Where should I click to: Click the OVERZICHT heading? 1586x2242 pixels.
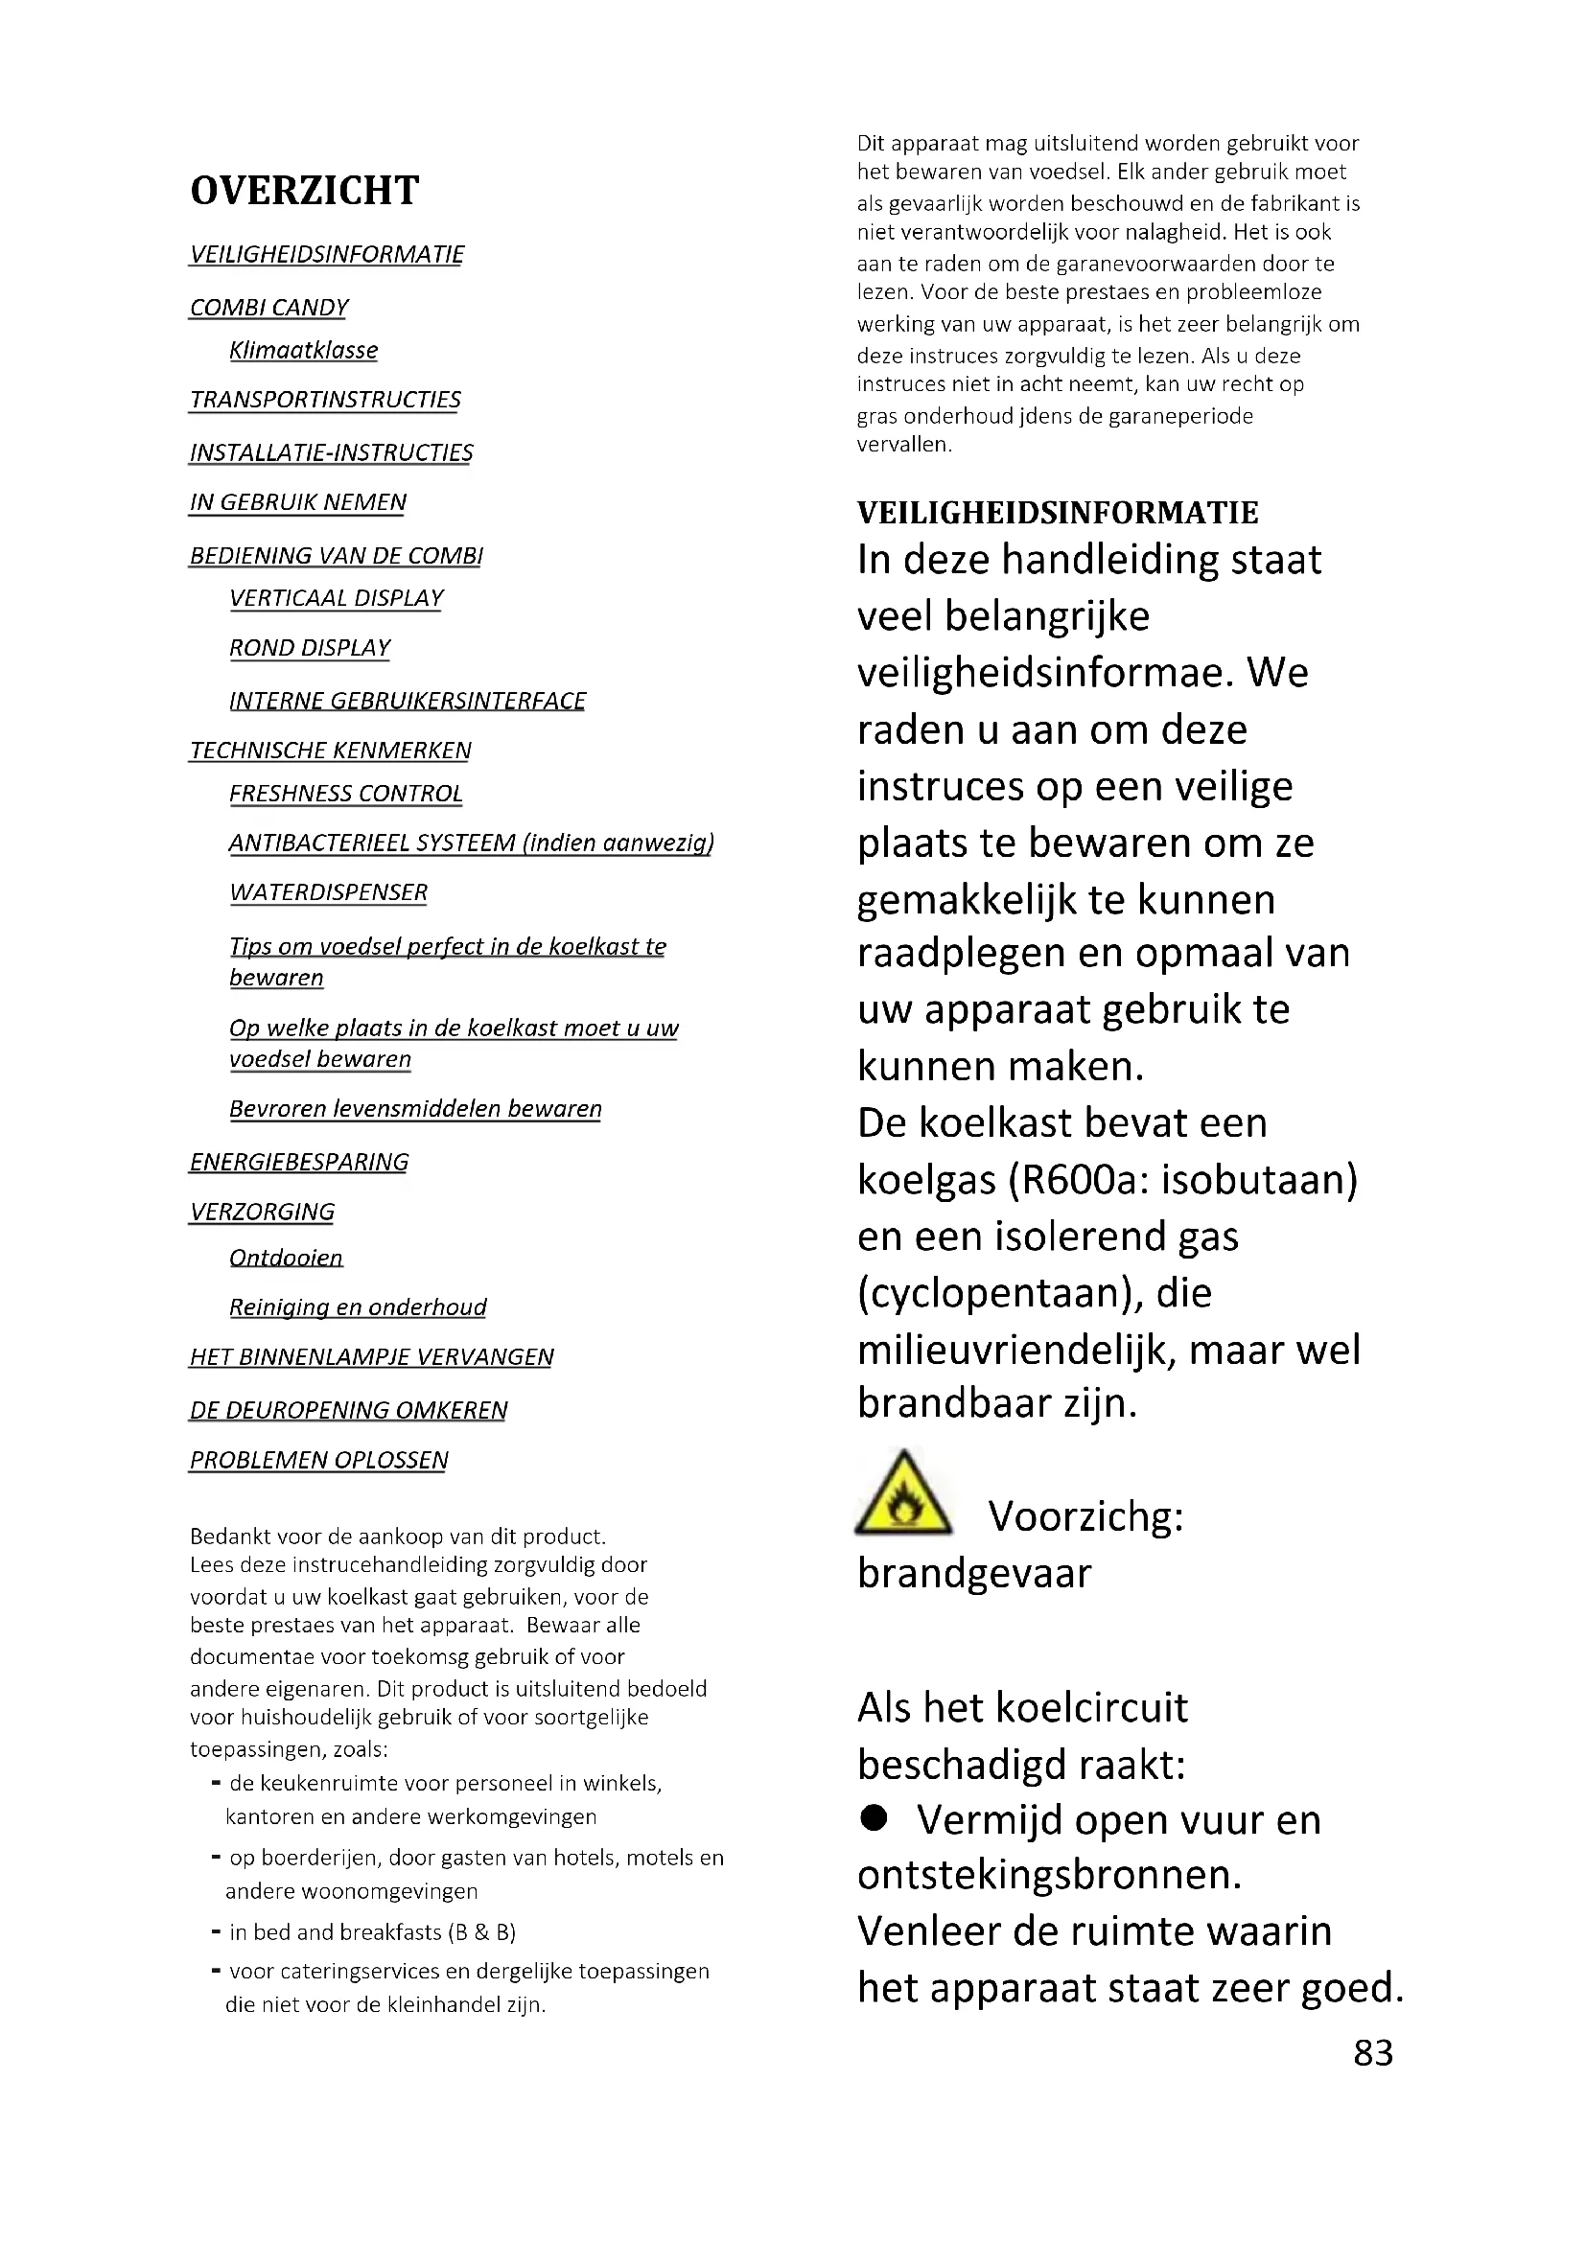point(305,191)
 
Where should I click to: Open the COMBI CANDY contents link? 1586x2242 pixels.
point(268,308)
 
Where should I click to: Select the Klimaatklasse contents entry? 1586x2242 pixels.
point(303,351)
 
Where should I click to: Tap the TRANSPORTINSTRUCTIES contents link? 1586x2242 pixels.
point(324,401)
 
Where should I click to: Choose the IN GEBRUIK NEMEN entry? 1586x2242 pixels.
point(298,503)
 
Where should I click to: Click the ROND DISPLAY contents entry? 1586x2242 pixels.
point(310,648)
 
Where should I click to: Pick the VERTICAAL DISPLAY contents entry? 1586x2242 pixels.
point(336,598)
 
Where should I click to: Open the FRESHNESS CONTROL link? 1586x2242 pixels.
point(346,794)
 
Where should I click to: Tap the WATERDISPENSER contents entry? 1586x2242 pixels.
point(328,892)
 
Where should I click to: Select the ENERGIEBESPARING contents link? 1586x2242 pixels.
point(299,1162)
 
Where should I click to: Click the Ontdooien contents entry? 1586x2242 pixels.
point(286,1258)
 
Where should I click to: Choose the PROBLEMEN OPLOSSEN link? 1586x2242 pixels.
point(318,1460)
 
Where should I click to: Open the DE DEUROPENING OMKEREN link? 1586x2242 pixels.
point(349,1410)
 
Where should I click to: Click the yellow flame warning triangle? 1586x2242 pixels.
point(903,1495)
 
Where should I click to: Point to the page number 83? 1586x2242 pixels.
point(1372,2052)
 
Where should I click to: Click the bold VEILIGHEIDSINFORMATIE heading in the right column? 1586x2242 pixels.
point(1058,513)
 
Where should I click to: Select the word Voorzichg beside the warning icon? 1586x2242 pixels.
point(1086,1517)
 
